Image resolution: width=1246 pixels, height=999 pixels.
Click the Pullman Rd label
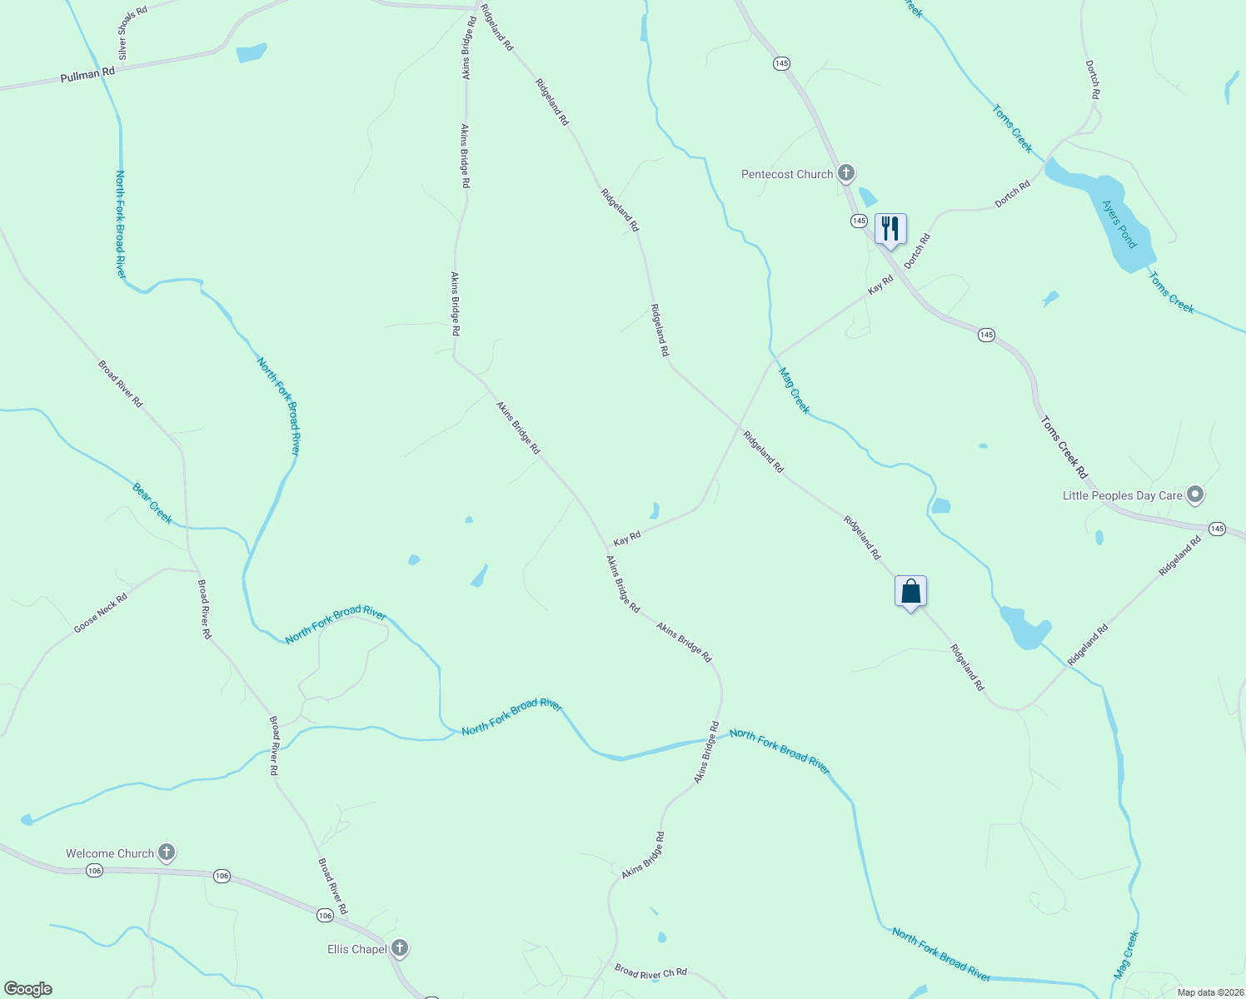[x=87, y=75]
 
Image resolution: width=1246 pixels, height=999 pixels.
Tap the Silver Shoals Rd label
[x=132, y=33]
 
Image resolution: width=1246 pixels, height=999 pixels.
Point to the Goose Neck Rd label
[x=100, y=613]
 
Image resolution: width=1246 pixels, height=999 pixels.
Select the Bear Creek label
[x=152, y=503]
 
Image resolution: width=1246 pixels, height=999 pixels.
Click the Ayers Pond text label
[x=1119, y=224]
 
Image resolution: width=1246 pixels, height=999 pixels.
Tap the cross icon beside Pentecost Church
[x=846, y=173]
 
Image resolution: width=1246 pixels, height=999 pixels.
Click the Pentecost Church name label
[x=787, y=174]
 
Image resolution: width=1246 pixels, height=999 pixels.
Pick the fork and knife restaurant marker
[x=890, y=227]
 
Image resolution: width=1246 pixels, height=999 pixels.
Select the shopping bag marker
[x=910, y=591]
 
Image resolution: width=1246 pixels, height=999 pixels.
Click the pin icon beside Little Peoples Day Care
[x=1195, y=495]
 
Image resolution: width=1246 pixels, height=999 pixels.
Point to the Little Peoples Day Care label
[x=1122, y=495]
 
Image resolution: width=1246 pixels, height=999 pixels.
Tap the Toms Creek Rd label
[x=1064, y=448]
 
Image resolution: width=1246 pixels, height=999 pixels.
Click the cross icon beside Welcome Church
[x=167, y=852]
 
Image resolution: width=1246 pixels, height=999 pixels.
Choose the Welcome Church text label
[x=110, y=853]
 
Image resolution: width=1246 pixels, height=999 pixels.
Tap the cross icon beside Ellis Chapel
[x=400, y=948]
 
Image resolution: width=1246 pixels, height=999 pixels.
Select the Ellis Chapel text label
[x=357, y=949]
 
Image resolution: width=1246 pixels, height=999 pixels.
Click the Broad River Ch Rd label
[x=650, y=971]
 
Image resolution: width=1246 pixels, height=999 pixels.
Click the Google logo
[x=28, y=989]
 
